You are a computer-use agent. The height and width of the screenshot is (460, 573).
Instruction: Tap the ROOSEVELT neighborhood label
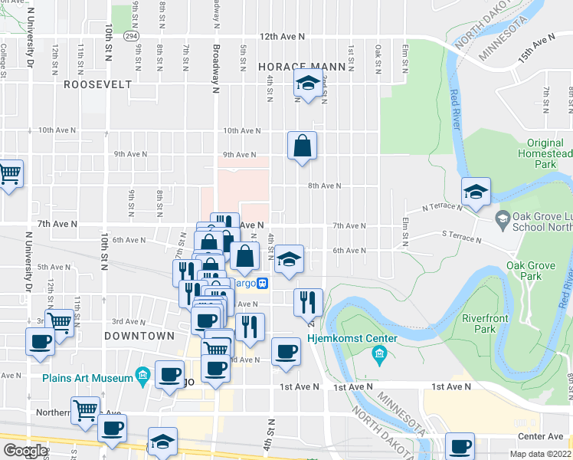98,84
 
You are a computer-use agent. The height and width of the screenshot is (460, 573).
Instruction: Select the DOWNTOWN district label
139,336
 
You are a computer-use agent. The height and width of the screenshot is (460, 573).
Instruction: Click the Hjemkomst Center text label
352,339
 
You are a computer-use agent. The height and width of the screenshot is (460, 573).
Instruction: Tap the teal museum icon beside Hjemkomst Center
378,354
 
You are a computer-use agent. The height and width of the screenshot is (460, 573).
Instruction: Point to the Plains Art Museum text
88,376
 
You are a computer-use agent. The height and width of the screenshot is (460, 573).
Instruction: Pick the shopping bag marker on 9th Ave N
303,146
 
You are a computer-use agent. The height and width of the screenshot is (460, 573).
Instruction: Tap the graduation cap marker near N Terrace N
476,192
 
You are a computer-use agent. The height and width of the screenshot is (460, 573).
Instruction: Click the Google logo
25,451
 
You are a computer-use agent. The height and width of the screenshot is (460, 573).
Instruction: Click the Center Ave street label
540,437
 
